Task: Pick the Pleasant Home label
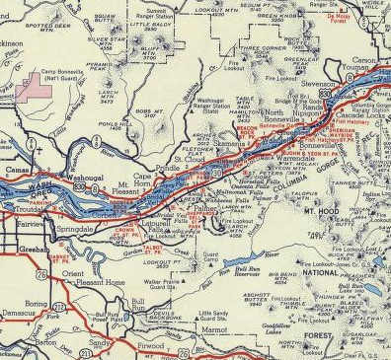tap(102, 281)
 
